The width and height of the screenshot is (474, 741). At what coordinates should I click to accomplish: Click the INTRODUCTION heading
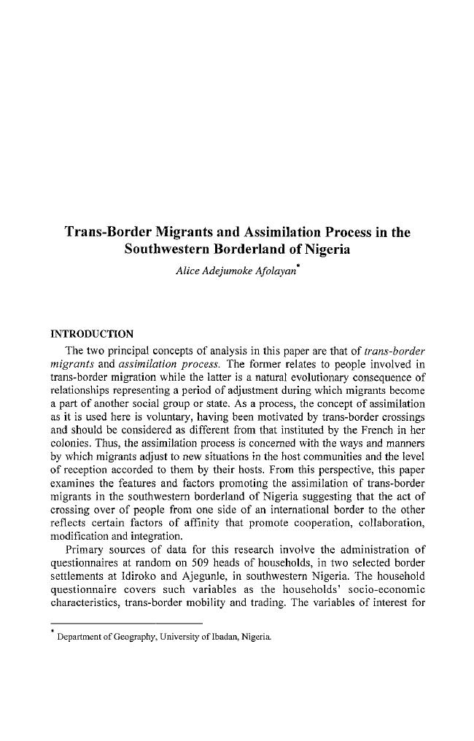[x=90, y=335]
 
